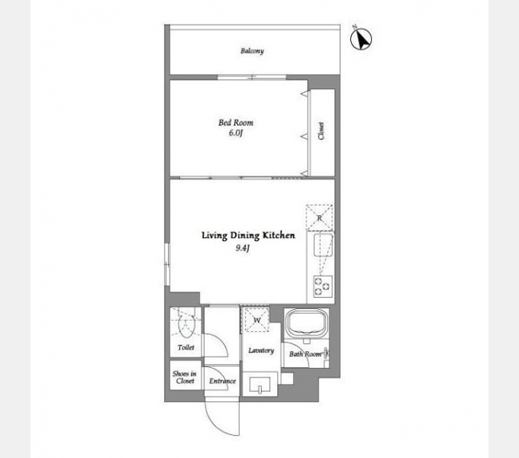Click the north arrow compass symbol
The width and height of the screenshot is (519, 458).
coord(361,39)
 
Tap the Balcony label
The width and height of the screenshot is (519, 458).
coord(252,51)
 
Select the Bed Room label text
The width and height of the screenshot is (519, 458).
coord(236,123)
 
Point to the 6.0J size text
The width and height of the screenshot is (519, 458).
coord(236,133)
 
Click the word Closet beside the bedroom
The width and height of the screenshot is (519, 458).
coord(321,131)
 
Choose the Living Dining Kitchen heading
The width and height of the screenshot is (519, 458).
coord(248,236)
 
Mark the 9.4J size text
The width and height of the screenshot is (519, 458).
coord(242,248)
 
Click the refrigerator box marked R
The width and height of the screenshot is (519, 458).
coord(319,217)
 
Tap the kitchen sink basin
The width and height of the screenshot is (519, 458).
coord(323,245)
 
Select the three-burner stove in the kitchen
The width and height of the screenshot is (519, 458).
coord(322,286)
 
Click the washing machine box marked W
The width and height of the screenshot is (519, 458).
coord(256,320)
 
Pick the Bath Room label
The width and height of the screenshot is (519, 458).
coord(305,354)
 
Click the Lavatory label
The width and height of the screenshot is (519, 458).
coord(261,350)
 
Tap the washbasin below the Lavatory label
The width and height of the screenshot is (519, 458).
coord(259,385)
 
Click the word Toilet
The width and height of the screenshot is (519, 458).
coord(185,347)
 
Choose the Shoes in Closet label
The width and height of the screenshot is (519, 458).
coord(185,378)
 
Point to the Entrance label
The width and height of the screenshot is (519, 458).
coord(222,381)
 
